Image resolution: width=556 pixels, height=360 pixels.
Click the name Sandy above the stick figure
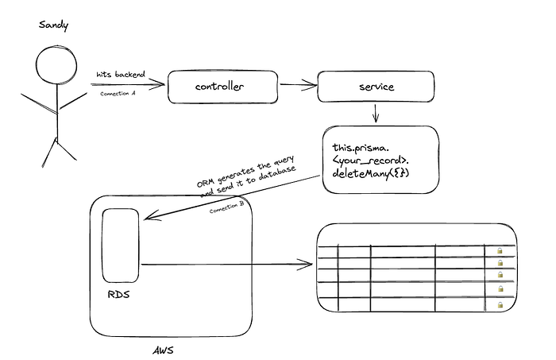coord(53,25)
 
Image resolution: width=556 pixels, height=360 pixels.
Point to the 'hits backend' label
coord(121,75)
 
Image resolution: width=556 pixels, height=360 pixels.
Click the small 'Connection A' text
coord(118,94)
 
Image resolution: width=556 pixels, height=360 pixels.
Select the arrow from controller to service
coord(298,85)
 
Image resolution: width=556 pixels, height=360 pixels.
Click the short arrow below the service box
coord(376,113)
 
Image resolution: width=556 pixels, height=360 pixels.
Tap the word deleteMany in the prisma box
coord(361,173)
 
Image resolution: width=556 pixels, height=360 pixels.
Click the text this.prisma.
coord(361,148)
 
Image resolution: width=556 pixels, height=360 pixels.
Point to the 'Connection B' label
coord(227,207)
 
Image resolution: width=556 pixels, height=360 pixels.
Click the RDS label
coord(119,294)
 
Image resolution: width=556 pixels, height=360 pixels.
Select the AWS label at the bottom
coord(164,350)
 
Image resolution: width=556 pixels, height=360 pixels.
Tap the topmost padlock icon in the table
coord(500,251)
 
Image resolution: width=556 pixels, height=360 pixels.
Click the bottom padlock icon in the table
coord(500,304)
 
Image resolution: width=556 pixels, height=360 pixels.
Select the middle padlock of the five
coord(500,275)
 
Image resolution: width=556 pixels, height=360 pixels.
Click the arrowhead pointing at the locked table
coord(307,264)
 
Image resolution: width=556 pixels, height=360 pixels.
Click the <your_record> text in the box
coord(371,161)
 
